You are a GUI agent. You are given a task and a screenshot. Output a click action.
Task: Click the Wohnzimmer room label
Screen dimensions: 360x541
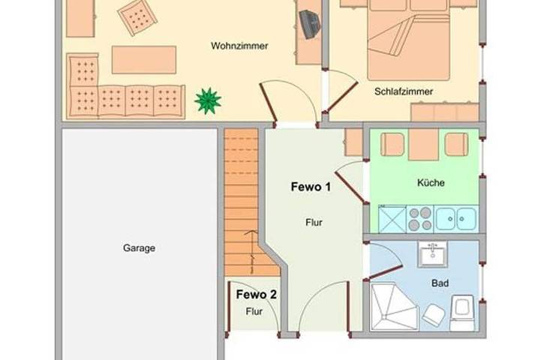pos(239,46)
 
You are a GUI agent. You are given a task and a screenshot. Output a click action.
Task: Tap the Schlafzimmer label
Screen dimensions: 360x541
pos(404,92)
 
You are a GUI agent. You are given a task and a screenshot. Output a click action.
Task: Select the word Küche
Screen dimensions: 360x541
pos(431,183)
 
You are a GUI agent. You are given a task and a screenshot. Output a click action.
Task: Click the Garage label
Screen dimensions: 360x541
pos(139,248)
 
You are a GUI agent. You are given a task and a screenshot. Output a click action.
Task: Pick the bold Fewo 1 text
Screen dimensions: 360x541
pos(311,187)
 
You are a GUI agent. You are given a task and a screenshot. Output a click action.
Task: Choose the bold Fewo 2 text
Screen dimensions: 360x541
pos(257,295)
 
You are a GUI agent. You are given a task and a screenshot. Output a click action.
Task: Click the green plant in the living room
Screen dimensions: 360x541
pos(208,100)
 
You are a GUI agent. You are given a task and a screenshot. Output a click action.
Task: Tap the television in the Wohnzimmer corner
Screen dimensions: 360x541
pos(309,22)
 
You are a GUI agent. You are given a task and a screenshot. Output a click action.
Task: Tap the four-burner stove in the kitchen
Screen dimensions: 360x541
pos(420,218)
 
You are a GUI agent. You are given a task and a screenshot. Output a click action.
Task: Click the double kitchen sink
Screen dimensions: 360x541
pos(456,218)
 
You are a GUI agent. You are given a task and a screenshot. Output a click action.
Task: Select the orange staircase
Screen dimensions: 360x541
pos(241,199)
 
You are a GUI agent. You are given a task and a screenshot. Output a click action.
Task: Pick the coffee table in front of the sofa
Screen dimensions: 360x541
pos(144,59)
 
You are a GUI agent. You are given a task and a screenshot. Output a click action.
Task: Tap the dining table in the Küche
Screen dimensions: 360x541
pos(422,145)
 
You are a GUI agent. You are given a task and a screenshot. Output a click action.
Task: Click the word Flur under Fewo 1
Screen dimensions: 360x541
pos(314,223)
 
